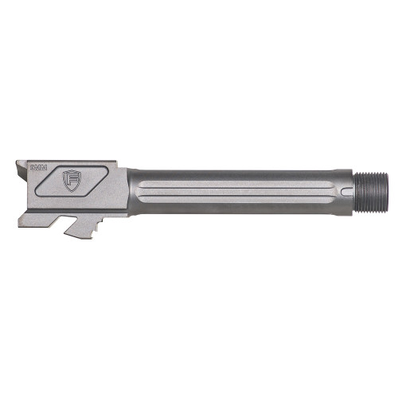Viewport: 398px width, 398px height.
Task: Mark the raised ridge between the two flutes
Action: (x=231, y=200)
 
